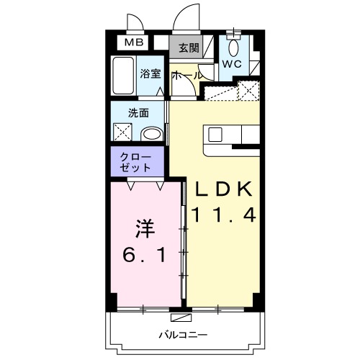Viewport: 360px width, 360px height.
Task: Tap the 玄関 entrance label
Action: [189, 49]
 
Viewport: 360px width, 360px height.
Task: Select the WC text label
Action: [231, 64]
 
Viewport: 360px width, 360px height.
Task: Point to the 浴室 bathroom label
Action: [150, 73]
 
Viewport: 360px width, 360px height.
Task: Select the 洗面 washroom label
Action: [139, 113]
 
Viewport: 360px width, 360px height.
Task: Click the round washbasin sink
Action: [151, 133]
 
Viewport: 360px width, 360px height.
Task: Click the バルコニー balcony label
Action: [183, 335]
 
